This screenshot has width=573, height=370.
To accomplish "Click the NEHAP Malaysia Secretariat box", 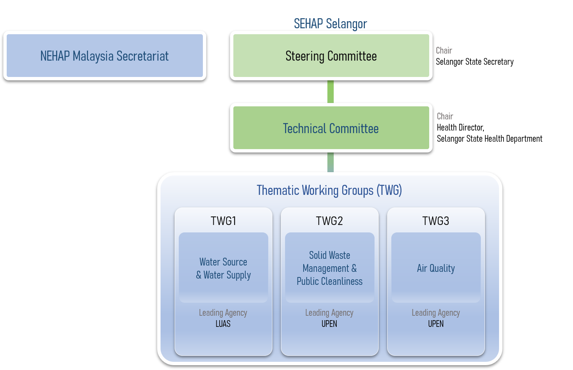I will pos(104,56).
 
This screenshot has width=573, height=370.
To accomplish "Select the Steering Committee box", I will pos(331,56).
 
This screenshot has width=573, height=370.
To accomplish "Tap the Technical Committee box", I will pos(331,128).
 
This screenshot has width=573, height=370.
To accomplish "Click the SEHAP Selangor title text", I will pos(330,24).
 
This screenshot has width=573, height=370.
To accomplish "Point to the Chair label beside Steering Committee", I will pos(444,51).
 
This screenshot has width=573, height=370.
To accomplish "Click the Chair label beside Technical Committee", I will pos(445,116).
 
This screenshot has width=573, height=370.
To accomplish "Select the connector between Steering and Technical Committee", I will pos(331,92).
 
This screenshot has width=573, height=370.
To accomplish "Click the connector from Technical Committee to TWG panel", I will pos(331,162).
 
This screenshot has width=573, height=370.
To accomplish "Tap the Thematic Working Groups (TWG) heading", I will pos(329,190).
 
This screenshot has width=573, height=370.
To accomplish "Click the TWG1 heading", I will pos(223,221).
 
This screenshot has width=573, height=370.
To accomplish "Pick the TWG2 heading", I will pos(329,221).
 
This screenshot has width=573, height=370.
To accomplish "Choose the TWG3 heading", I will pos(436,221).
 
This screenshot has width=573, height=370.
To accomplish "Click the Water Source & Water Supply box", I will pos(223,268).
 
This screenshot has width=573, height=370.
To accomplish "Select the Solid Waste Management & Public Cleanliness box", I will pos(330,268).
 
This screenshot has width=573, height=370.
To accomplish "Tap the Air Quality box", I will pos(436,268).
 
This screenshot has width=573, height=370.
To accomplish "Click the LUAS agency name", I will pos(223,324).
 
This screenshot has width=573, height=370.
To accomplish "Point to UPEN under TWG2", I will pos(329,324).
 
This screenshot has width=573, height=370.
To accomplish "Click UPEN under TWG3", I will pos(436,324).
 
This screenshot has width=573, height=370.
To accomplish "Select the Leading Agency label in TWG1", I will pos(223,313).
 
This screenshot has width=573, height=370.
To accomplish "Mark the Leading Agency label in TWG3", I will pos(436,313).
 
